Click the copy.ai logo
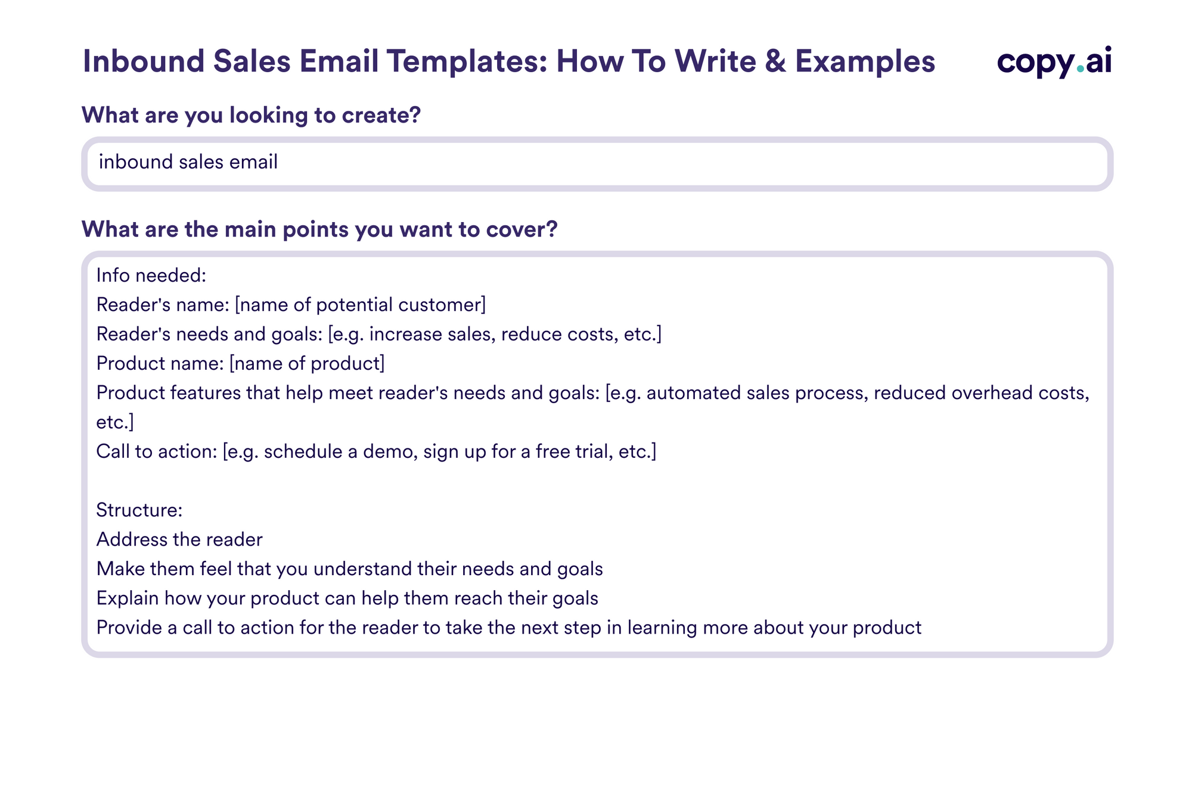pos(1054,61)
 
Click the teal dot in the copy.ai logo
pos(1080,69)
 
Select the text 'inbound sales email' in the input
pos(188,162)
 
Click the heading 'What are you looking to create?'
pos(251,115)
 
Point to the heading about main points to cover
pos(319,229)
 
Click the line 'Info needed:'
pos(151,276)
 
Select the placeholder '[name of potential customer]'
pos(360,305)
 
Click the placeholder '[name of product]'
pos(307,363)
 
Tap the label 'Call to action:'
pos(156,451)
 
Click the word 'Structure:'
pos(139,510)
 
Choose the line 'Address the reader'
pos(179,539)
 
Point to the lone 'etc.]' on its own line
pos(115,422)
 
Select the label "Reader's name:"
pos(163,305)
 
